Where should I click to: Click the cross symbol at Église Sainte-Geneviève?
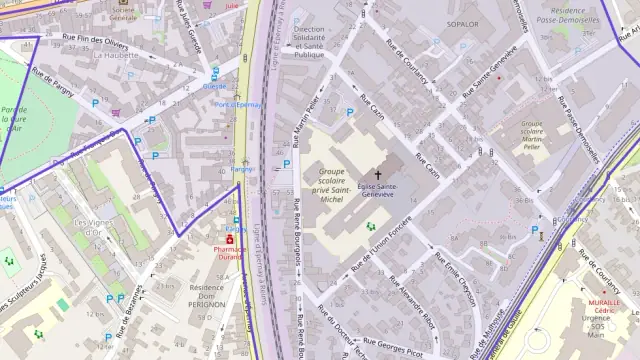click(x=378, y=175)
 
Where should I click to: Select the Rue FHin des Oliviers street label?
click(x=95, y=43)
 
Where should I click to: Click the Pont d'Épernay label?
click(x=237, y=104)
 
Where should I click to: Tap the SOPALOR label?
click(x=462, y=23)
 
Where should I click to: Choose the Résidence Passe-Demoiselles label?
click(x=569, y=14)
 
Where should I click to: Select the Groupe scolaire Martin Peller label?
click(x=531, y=134)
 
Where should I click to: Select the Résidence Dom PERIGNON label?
click(x=207, y=295)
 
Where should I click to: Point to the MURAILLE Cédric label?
click(x=604, y=305)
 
